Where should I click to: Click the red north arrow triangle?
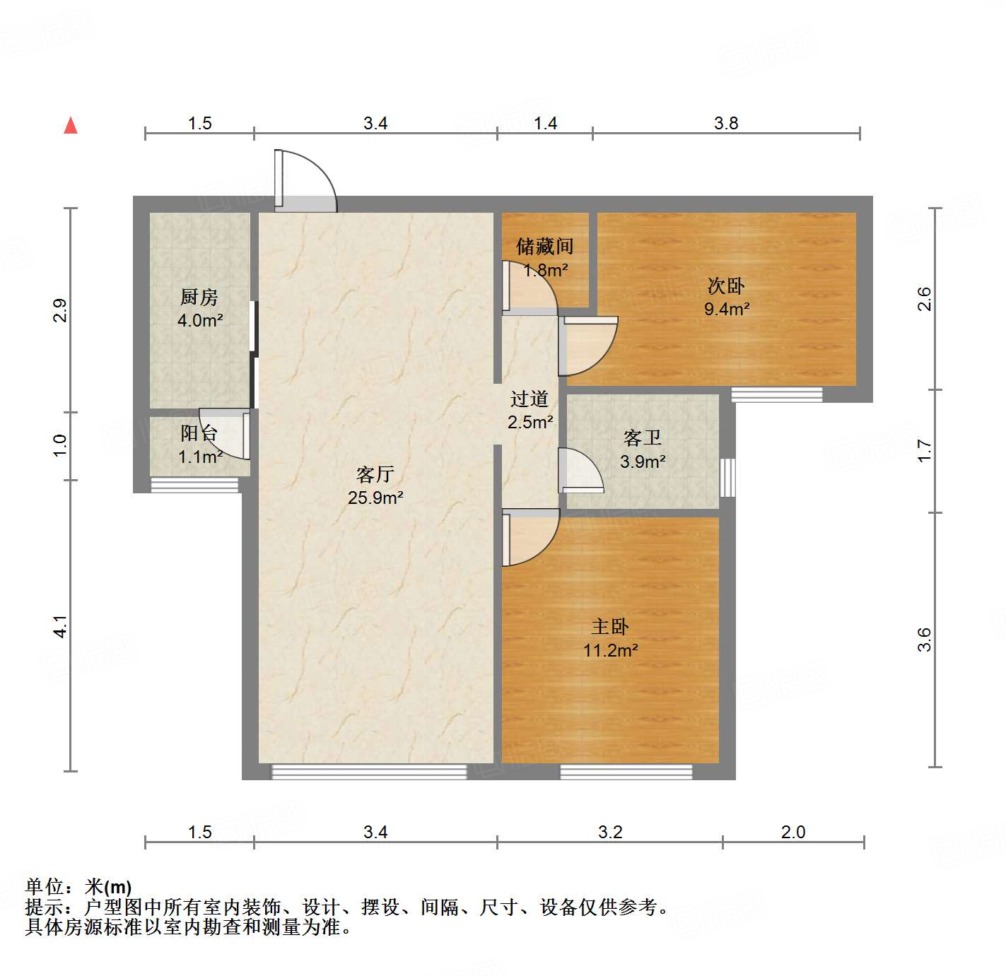pos(71,126)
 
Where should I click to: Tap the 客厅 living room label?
pos(375,474)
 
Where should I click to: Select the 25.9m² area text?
pos(375,498)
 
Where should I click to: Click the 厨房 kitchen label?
pos(199,298)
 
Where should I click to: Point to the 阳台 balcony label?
pos(199,433)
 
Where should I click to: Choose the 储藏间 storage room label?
pos(544,247)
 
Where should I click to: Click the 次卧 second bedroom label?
pos(726,286)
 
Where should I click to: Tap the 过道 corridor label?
pos(530,399)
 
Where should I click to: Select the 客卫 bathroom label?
pos(643,438)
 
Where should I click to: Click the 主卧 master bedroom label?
pos(610,627)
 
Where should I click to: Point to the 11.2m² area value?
pos(611,650)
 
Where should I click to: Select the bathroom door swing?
pos(580,471)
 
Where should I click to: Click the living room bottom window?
pos(369,772)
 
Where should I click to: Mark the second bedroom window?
pos(776,394)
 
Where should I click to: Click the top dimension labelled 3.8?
pos(726,124)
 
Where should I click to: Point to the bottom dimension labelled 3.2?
pos(610,832)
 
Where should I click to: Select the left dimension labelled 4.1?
pos(61,626)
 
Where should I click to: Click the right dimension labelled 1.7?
pos(925,450)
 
